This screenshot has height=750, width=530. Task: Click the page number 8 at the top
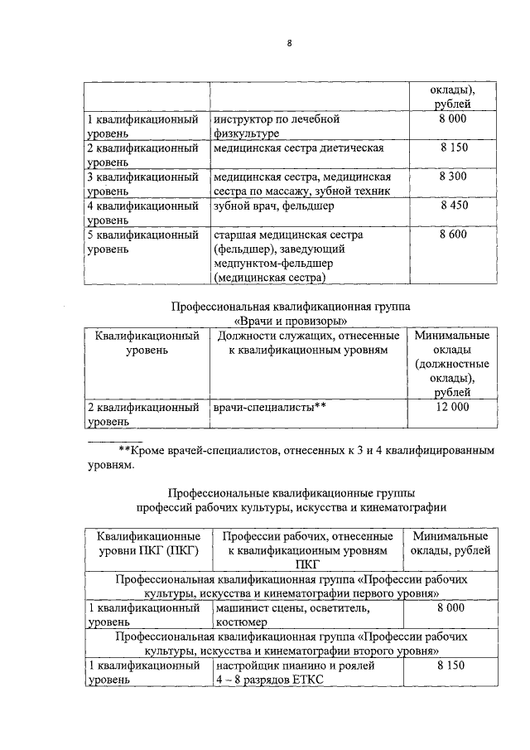pyautogui.click(x=290, y=44)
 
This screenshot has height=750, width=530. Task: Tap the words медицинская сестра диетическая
pyautogui.click(x=298, y=148)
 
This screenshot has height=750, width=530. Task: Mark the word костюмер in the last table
pyautogui.click(x=241, y=622)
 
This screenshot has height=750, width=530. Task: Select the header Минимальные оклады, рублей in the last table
pyautogui.click(x=450, y=543)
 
